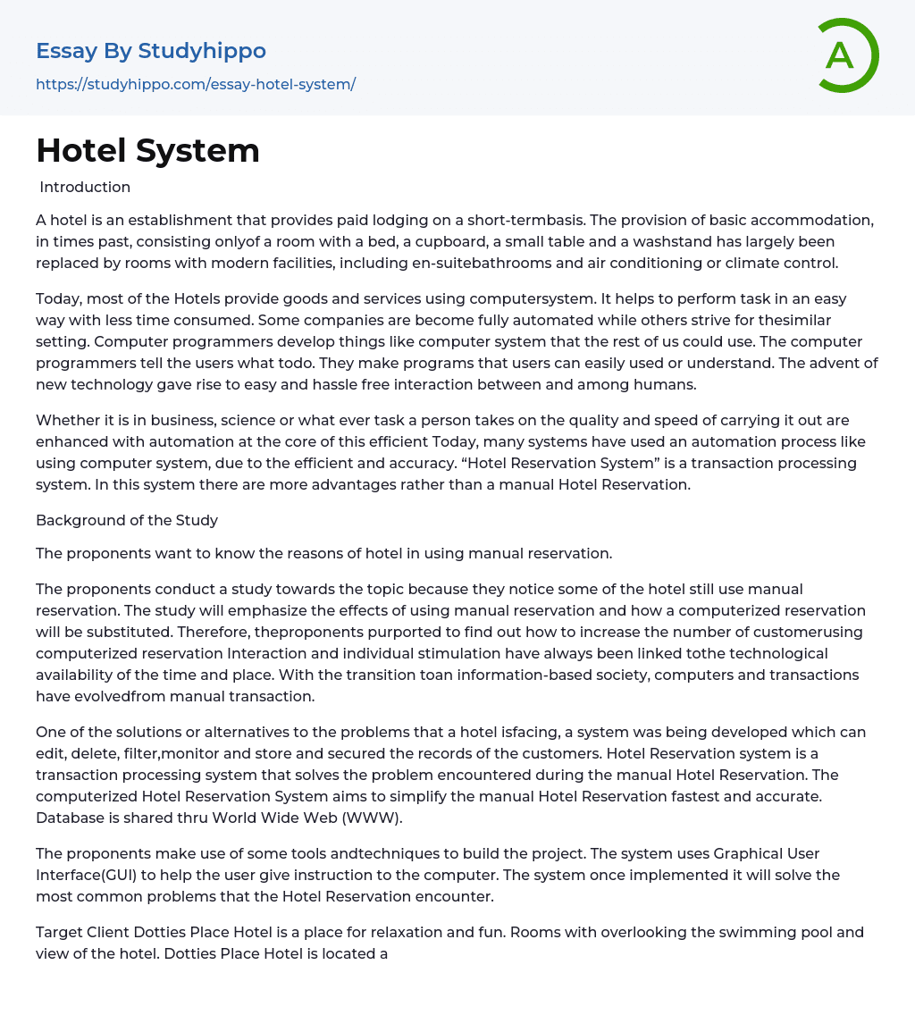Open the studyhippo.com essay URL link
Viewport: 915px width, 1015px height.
(x=196, y=84)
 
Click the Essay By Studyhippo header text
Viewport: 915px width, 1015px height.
(x=151, y=51)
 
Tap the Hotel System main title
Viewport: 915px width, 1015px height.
(x=147, y=150)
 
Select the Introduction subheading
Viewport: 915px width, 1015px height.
(x=85, y=187)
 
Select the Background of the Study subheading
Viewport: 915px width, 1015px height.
(x=127, y=520)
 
